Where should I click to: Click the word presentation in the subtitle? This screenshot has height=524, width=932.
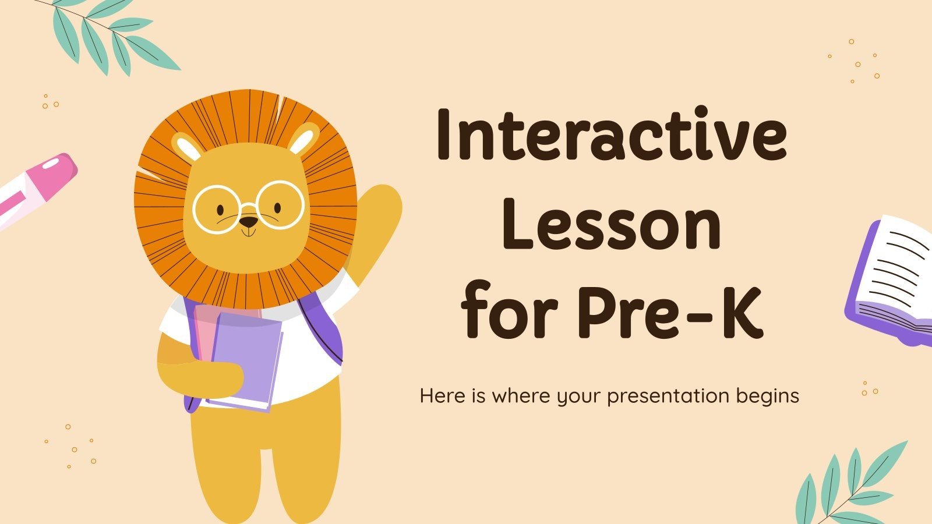point(668,396)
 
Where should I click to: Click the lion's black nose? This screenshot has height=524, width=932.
point(249,222)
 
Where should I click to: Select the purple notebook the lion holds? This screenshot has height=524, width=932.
point(248,358)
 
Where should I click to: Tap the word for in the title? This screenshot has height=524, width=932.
point(505,314)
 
